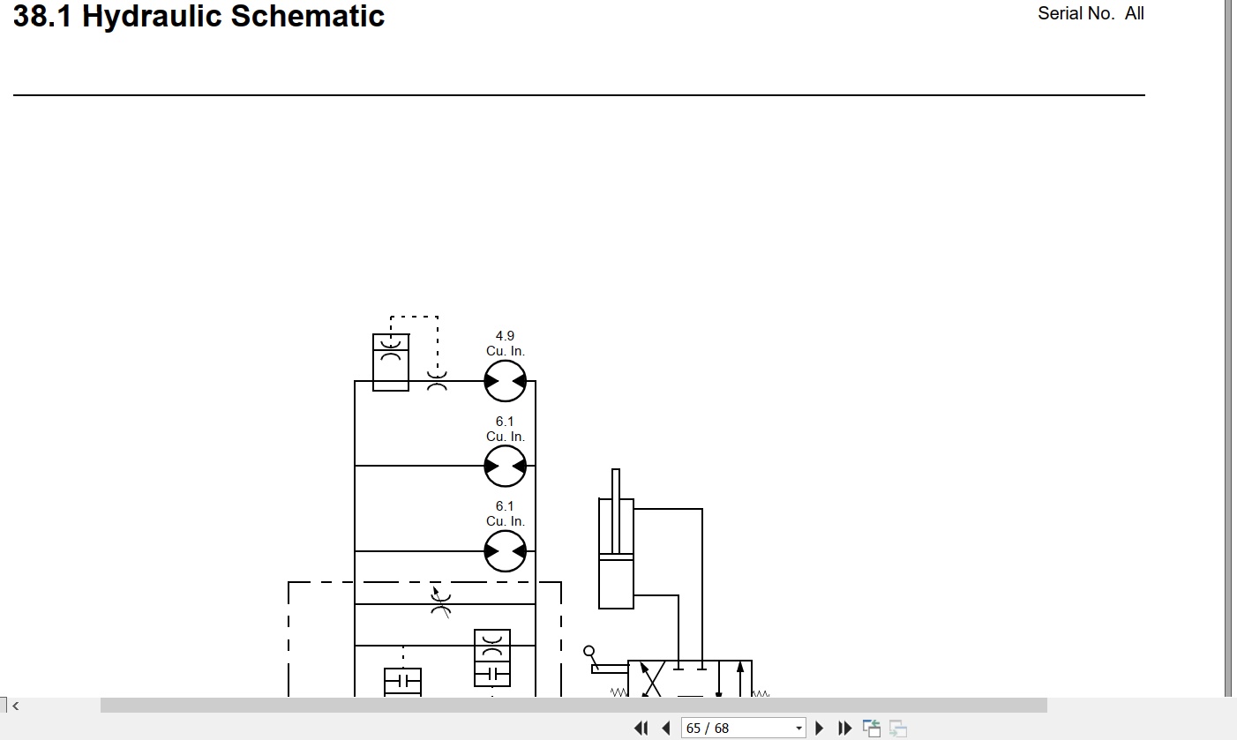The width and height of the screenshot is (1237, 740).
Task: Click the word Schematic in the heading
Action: click(308, 16)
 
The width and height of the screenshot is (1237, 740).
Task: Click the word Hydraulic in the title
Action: click(152, 17)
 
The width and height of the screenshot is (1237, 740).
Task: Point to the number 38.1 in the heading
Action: click(42, 16)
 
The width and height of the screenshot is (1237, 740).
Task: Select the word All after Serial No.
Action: click(1135, 13)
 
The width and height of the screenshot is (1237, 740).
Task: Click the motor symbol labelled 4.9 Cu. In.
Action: click(505, 381)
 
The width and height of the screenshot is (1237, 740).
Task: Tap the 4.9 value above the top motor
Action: click(505, 336)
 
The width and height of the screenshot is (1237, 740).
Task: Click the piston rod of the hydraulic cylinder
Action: click(616, 511)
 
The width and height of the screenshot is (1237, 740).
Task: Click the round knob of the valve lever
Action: click(589, 651)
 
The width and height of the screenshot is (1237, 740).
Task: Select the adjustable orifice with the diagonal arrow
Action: click(440, 602)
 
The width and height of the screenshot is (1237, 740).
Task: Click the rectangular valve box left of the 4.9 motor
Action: click(391, 363)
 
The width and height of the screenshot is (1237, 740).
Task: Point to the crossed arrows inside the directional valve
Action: click(651, 680)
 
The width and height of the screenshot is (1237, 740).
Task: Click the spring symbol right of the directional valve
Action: click(761, 693)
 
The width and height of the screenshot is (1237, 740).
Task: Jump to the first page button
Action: click(641, 728)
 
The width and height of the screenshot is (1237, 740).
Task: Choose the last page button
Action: click(845, 728)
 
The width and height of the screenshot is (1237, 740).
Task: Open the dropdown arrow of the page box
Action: click(798, 728)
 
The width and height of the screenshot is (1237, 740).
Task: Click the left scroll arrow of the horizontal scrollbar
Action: click(16, 706)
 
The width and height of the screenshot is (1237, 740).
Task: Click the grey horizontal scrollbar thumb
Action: click(574, 706)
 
